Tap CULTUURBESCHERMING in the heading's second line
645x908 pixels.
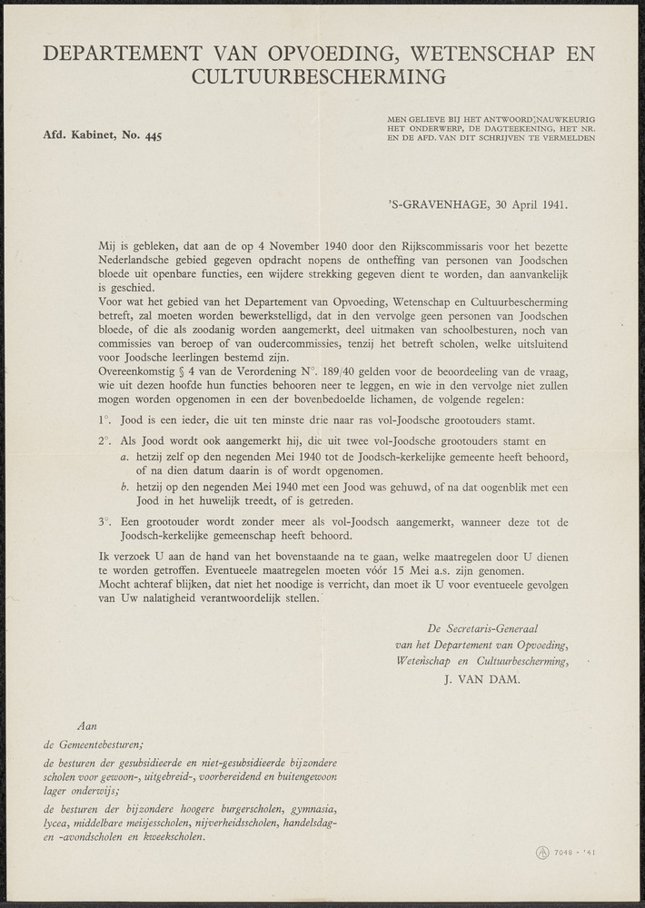tap(320, 77)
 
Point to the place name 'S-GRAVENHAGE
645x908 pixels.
tap(432, 203)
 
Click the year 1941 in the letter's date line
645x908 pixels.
tap(551, 203)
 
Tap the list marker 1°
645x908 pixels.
tap(104, 419)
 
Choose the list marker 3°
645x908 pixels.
tap(104, 522)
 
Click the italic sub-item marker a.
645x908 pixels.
tap(124, 456)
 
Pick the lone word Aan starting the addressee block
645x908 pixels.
tap(88, 726)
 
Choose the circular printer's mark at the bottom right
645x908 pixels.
tap(541, 852)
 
